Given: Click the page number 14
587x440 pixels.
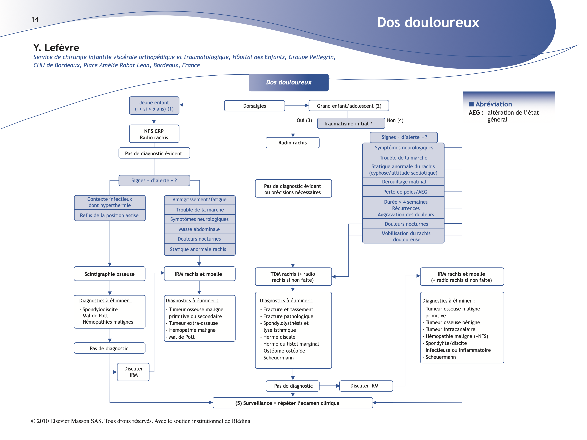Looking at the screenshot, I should tap(35, 19).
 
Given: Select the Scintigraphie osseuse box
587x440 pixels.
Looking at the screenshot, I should tap(109, 274).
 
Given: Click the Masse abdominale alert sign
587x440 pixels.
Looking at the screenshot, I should tap(199, 229).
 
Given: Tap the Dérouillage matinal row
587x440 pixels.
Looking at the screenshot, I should tap(404, 182).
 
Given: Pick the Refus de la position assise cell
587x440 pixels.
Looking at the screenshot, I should tap(109, 215).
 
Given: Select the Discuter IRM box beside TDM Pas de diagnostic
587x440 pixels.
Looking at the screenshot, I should tap(366, 386).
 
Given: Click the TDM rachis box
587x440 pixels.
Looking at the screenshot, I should tap(293, 277).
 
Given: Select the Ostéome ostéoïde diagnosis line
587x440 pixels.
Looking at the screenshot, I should tap(284, 351).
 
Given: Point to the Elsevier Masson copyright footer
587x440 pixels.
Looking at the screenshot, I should tap(140, 421).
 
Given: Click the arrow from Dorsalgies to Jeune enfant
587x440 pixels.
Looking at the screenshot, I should tap(202, 105).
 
